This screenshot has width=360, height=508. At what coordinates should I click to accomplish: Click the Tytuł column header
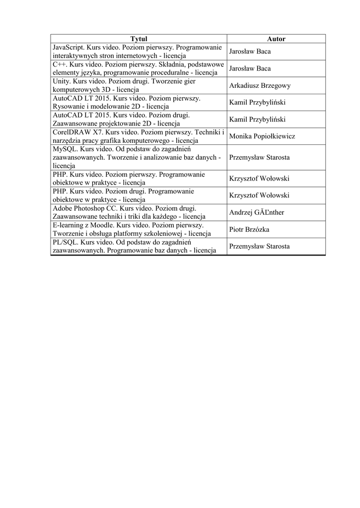pos(139,39)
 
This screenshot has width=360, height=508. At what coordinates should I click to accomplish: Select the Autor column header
pos(276,39)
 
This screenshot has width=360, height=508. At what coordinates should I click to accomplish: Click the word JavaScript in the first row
pos(69,47)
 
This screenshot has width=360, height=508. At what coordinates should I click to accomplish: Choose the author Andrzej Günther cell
pos(256,213)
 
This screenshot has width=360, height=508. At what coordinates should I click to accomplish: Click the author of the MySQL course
pos(259,158)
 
